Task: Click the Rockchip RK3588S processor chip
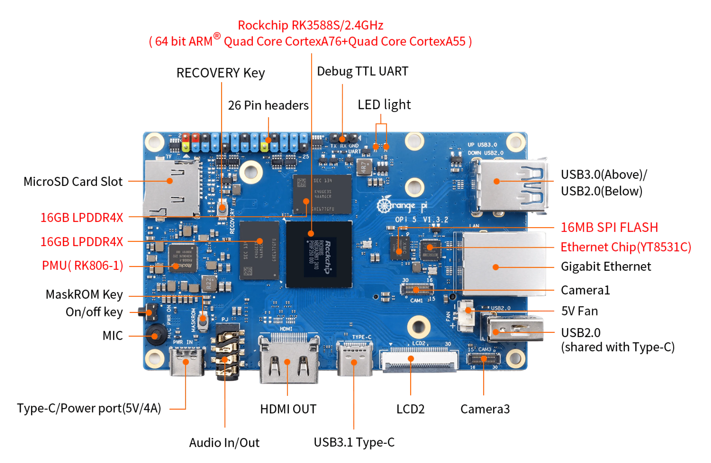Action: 319,254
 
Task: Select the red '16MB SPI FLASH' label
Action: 609,227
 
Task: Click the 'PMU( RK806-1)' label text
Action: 83,266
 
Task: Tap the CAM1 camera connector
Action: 417,289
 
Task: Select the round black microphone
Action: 155,336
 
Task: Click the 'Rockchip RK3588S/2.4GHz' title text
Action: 311,25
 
